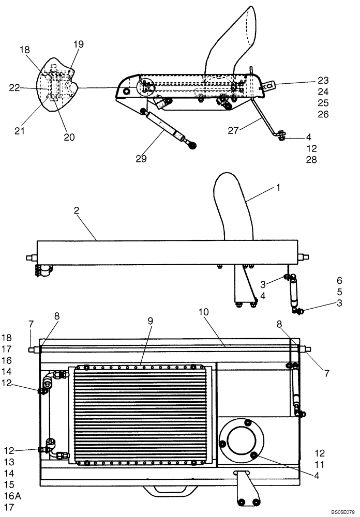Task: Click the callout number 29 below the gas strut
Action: tap(141, 159)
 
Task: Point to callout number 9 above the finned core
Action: tap(150, 321)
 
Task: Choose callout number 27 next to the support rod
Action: tap(234, 131)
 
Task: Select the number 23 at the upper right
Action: tap(323, 81)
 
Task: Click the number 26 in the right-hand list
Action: tap(323, 114)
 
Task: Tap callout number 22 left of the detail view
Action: tap(15, 88)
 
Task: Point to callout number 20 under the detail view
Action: tap(69, 137)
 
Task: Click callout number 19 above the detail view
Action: tap(78, 44)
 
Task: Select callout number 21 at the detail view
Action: tap(19, 131)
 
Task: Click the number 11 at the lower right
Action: tap(320, 464)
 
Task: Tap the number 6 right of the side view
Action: tap(339, 280)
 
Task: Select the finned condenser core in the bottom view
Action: tap(141, 414)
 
